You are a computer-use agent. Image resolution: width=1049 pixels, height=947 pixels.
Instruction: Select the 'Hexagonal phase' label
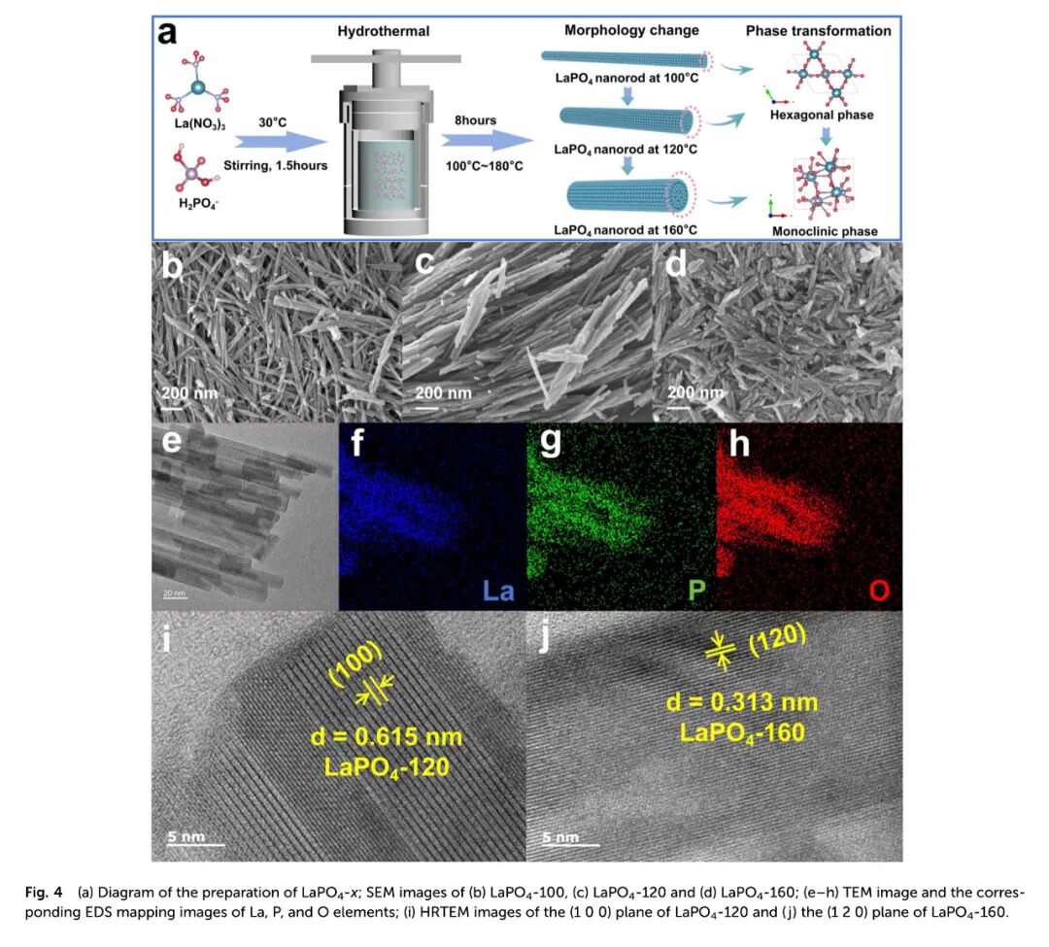point(821,115)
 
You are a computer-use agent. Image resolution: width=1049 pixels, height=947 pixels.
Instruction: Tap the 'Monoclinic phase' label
point(824,231)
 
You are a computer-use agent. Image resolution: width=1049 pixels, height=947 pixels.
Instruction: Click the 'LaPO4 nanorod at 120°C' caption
point(626,150)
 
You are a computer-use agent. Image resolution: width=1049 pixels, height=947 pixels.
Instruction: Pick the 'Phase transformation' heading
point(818,31)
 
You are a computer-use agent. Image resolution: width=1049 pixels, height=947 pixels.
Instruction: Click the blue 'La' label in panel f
point(498,591)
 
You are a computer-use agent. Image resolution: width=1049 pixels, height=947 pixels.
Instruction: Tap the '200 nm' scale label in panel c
point(443,393)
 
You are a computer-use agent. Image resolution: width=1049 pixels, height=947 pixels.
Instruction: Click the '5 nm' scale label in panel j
point(559,835)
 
